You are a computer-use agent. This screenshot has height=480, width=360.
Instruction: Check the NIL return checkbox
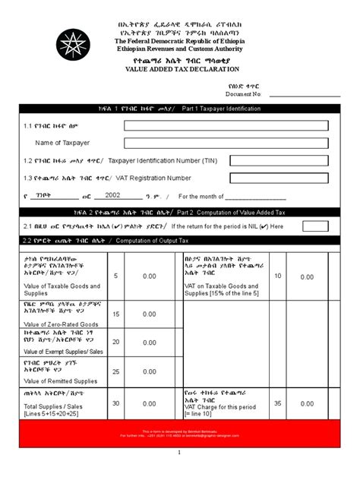coord(315,226)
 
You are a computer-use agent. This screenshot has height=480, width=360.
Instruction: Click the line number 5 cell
coord(116,276)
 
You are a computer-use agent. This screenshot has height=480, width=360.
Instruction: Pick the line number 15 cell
coord(116,313)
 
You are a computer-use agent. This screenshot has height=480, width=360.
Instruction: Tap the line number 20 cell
coord(116,342)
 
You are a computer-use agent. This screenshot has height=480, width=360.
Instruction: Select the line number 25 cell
coord(116,371)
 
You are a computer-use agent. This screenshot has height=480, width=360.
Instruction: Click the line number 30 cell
coord(116,403)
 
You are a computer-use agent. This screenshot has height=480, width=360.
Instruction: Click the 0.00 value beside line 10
coord(306,277)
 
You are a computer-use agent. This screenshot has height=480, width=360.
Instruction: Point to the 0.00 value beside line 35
coord(306,403)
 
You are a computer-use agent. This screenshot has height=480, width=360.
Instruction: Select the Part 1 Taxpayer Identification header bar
coord(180,108)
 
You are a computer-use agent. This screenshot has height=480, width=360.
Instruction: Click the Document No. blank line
coord(303,94)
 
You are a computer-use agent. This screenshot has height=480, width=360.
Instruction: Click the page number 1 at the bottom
coord(180,453)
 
